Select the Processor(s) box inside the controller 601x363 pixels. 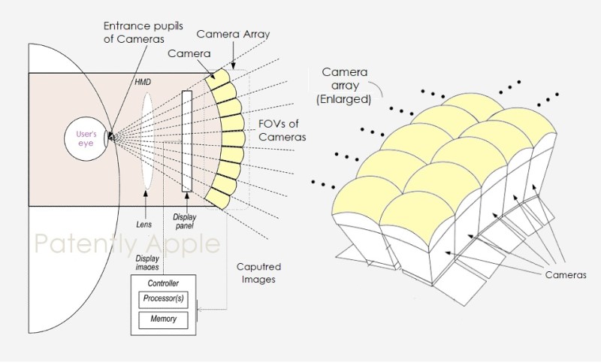(163, 298)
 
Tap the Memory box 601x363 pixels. (163, 319)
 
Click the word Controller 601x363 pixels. (163, 283)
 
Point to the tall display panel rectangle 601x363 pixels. (186, 141)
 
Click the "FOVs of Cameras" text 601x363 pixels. (282, 130)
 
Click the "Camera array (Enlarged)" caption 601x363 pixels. (347, 83)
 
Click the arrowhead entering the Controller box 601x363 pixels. (198, 307)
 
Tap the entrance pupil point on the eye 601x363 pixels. (110, 136)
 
